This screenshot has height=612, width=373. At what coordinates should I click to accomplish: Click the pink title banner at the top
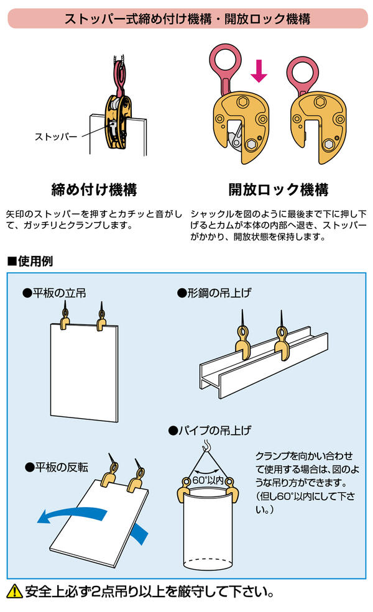(186, 18)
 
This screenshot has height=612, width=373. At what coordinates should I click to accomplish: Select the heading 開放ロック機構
(278, 189)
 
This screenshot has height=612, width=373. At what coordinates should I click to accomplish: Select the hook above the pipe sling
(205, 446)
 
